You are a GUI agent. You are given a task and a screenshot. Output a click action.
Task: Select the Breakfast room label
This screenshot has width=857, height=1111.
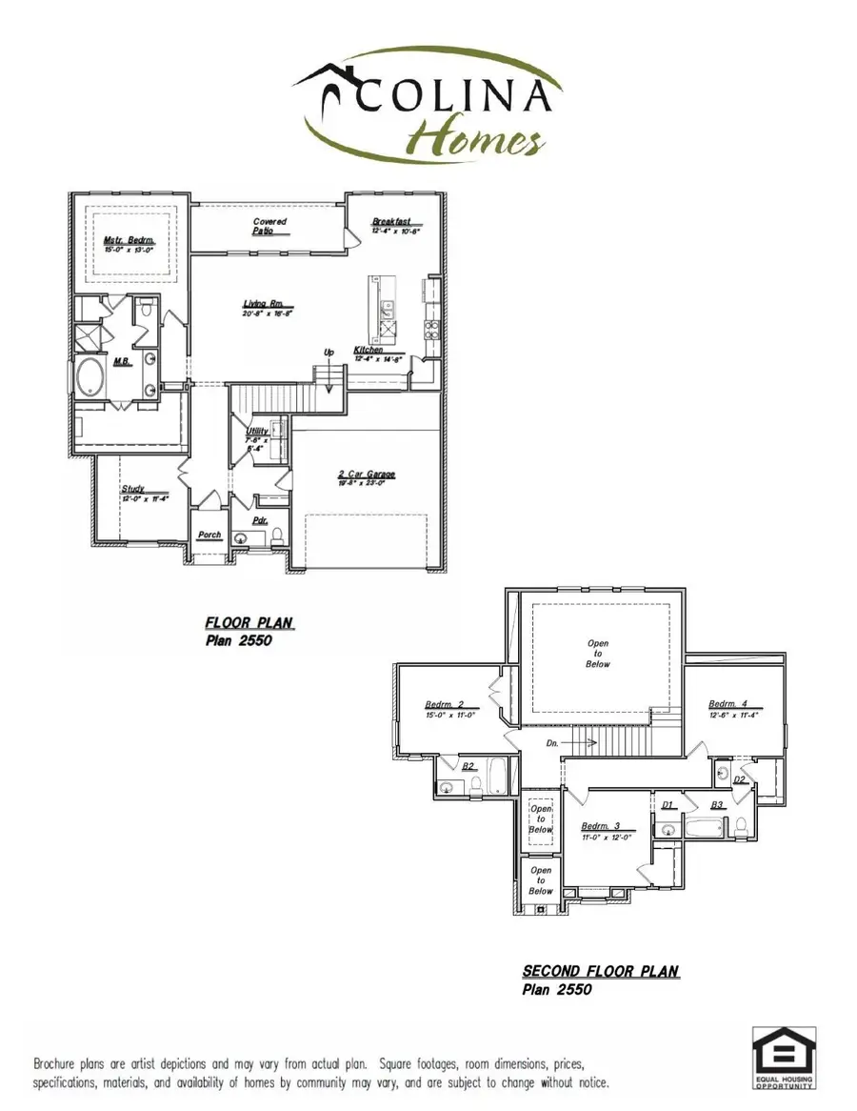click(x=390, y=222)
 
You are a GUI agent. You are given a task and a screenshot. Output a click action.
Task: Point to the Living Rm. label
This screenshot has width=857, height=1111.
click(x=262, y=305)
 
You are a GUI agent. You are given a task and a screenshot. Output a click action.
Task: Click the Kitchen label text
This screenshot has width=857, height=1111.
click(x=369, y=351)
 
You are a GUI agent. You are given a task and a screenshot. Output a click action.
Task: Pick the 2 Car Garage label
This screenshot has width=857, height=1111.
click(x=366, y=475)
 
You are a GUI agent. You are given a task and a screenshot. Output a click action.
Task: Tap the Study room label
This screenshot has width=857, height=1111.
click(x=132, y=489)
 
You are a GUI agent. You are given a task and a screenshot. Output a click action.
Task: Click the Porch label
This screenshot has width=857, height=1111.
click(x=209, y=535)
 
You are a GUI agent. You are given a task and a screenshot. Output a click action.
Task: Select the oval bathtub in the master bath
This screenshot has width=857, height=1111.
click(x=92, y=379)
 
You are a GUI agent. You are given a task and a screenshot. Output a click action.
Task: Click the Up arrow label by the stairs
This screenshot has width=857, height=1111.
click(x=329, y=353)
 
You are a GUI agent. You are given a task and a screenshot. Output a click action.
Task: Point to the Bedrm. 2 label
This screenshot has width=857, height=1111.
click(x=444, y=705)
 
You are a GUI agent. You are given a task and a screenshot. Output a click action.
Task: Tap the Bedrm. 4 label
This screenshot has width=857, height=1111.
click(x=727, y=704)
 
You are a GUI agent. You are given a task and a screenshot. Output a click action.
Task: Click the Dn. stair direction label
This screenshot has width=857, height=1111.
click(x=553, y=740)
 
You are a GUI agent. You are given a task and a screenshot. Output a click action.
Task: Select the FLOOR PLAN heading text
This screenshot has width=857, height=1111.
click(x=249, y=623)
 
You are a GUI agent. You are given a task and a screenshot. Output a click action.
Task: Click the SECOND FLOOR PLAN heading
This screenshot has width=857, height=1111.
click(x=600, y=972)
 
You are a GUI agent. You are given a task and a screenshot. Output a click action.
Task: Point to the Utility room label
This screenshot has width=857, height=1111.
click(x=256, y=432)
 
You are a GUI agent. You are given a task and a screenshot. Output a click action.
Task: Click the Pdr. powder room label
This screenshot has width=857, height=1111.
click(x=259, y=521)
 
